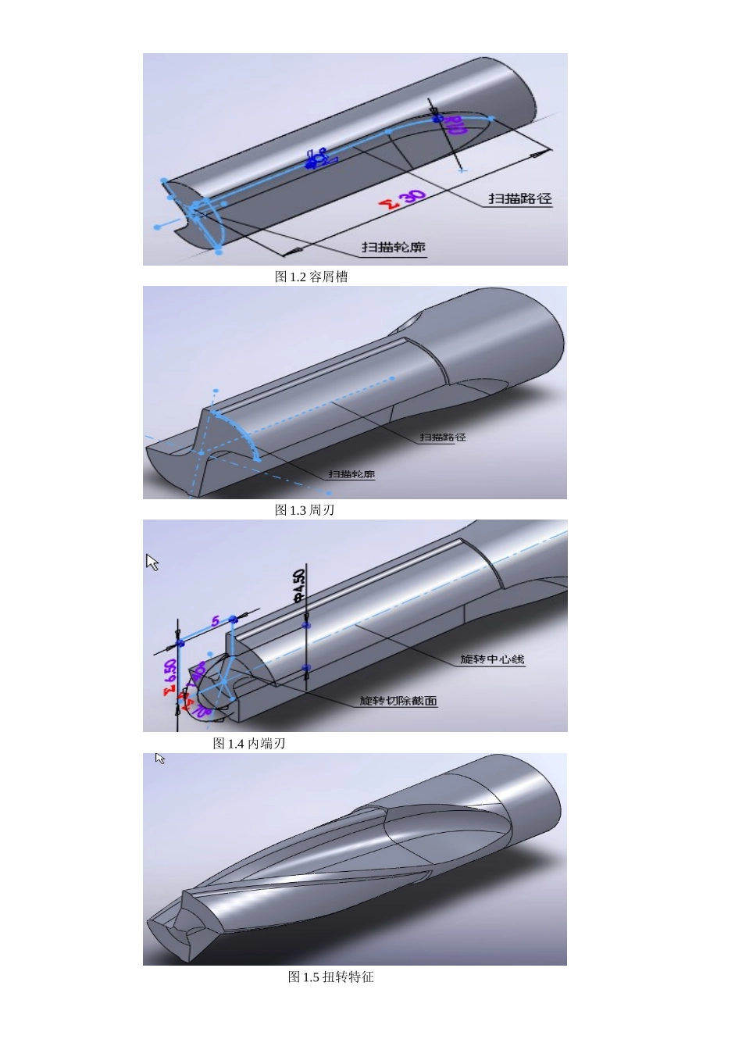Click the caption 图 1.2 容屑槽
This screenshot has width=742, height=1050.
pos(311,277)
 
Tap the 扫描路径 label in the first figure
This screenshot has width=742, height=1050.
pos(520,198)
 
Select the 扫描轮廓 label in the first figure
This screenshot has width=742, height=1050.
pos(393,247)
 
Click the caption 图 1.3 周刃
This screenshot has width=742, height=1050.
pos(305,510)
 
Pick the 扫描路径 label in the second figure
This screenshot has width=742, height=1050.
pos(443,437)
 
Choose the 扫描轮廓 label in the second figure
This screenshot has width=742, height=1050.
pos(351,474)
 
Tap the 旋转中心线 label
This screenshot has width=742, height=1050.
pos(492,659)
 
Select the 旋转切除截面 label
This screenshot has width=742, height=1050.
pos(398,701)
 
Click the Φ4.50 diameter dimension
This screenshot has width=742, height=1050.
pos(298,586)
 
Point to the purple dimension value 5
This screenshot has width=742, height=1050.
pos(216,623)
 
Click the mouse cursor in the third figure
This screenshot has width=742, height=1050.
pos(152,562)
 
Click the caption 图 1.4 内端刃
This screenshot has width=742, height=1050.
pos(249,744)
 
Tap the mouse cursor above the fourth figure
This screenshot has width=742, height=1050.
pos(159,759)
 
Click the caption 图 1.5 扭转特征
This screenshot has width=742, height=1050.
pos(331,977)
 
